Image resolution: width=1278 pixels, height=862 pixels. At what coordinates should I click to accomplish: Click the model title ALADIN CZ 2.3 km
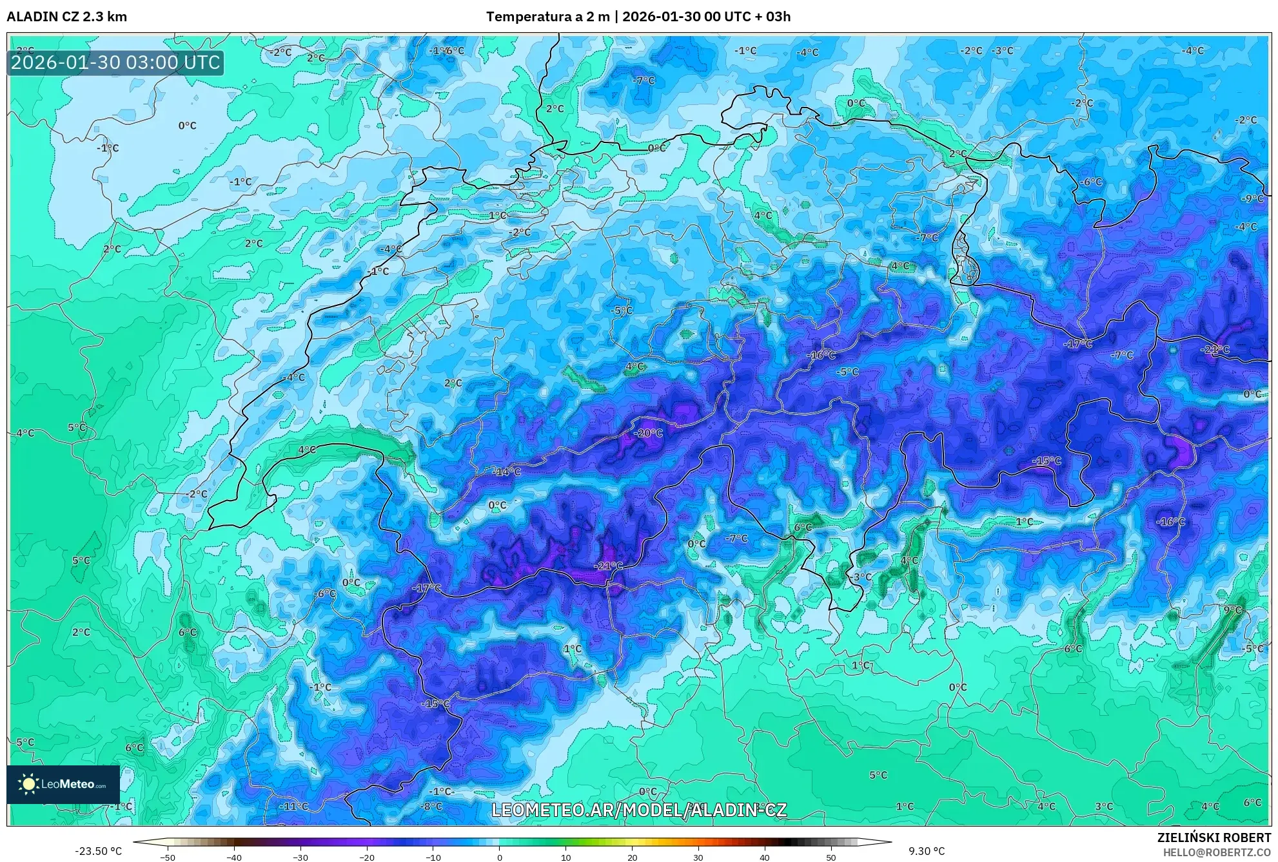pos(66,17)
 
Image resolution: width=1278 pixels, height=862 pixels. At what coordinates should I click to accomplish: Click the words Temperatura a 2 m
pos(547,17)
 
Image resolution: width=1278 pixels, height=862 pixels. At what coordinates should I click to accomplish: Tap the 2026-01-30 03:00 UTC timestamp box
pos(115,62)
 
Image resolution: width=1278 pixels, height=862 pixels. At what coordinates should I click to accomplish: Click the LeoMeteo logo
pos(63,784)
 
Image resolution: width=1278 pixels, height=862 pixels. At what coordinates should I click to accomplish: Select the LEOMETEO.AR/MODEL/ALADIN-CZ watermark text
pos(638,810)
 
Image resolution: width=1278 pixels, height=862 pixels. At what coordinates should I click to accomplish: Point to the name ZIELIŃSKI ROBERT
pos(1214,838)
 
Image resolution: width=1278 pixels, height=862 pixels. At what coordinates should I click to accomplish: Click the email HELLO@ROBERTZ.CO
pos(1217,852)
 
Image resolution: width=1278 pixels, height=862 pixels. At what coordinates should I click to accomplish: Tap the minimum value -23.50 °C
pos(98,851)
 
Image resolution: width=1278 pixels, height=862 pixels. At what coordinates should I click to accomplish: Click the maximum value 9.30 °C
pos(927,851)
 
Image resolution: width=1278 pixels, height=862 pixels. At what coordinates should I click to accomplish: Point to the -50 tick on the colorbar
pos(168,857)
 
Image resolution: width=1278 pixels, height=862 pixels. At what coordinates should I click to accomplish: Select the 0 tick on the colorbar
pos(499,857)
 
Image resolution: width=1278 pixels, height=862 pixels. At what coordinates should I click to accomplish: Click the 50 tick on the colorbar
pos(831,857)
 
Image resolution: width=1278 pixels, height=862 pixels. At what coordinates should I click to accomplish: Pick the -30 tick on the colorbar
pos(300,857)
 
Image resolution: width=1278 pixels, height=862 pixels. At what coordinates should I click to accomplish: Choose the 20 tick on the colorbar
pos(632,857)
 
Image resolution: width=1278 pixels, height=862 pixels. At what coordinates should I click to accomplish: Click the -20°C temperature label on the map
pos(648,433)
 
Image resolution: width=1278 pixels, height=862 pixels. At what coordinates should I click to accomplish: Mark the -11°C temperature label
pos(294,806)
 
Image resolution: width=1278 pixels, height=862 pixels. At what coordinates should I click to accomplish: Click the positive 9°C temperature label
pos(1232,609)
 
